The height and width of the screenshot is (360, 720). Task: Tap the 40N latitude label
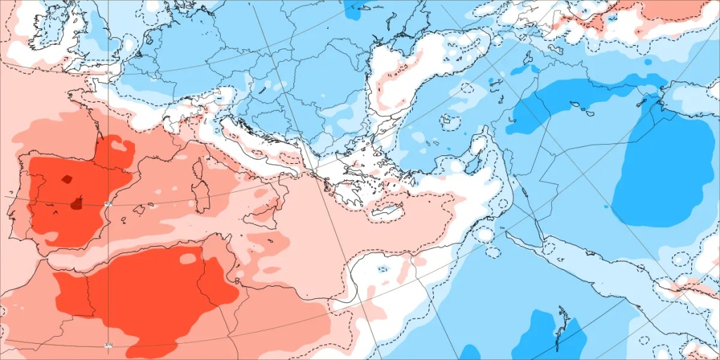(108, 204)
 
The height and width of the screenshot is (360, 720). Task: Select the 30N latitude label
(108, 345)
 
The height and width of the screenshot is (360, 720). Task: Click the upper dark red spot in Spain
(67, 179)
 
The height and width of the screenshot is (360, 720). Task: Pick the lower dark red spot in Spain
(77, 205)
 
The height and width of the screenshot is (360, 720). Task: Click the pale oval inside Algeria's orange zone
(188, 259)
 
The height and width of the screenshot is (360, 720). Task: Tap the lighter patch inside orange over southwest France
(121, 146)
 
